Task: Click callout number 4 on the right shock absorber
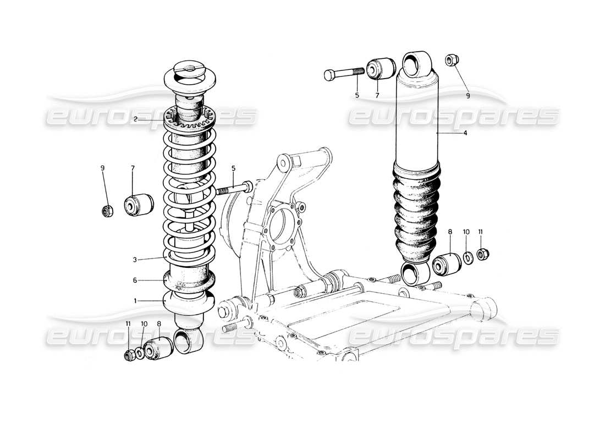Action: tap(465, 133)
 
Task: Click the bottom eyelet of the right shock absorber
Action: tap(416, 273)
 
